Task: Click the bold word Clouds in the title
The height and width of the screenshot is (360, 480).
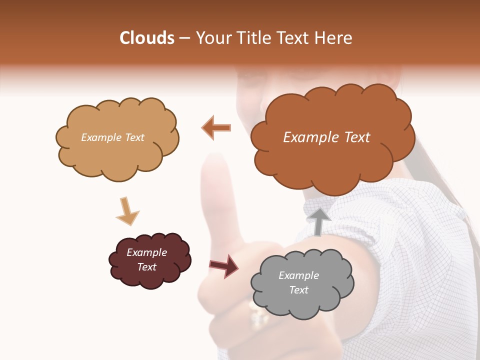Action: (147, 38)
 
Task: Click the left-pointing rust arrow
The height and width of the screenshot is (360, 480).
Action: (216, 128)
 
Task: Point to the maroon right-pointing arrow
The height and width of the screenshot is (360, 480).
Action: (223, 265)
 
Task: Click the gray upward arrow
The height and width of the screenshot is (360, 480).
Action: (319, 221)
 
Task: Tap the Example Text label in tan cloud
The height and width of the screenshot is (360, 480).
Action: (112, 137)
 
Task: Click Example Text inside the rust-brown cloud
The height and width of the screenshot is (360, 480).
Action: (326, 137)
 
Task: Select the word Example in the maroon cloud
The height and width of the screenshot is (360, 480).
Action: (146, 252)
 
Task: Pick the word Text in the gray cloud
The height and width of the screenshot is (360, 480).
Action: (298, 290)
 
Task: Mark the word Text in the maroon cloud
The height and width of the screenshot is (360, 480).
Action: (146, 267)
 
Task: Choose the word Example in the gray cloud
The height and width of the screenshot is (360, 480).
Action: (298, 275)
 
